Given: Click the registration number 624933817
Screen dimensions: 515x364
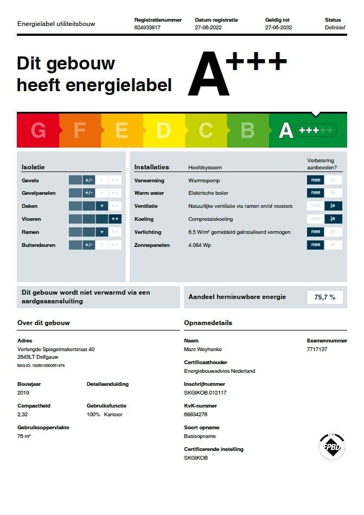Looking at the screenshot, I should pos(148,27).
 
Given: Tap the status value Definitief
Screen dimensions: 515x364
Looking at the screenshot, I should pos(335,27).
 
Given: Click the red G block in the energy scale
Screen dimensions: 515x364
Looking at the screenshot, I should pos(38,131).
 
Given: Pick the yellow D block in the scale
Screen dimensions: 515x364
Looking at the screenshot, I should pos(163,131).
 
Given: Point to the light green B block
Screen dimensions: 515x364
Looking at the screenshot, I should pos(247,131).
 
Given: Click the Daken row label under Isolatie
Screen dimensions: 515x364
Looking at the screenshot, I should pos(30,206).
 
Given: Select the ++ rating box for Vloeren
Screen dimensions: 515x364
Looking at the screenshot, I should pos(114,219).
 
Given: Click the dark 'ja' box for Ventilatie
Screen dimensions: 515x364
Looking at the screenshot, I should pos(333,206).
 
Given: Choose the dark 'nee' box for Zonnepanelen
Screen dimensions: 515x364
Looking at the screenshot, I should pos(315,245).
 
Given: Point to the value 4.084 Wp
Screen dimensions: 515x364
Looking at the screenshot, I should pos(200,245).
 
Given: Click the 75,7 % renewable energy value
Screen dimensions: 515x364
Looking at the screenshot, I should pos(325,297).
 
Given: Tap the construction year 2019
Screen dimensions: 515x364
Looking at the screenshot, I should pos(23,392).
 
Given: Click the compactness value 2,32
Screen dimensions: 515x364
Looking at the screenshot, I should pos(23,414).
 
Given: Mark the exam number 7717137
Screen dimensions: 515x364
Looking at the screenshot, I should pos(317,349).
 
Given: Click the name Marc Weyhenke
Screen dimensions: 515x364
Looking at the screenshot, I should pos(203,349).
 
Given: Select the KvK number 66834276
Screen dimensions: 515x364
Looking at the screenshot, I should pos(196,414).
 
